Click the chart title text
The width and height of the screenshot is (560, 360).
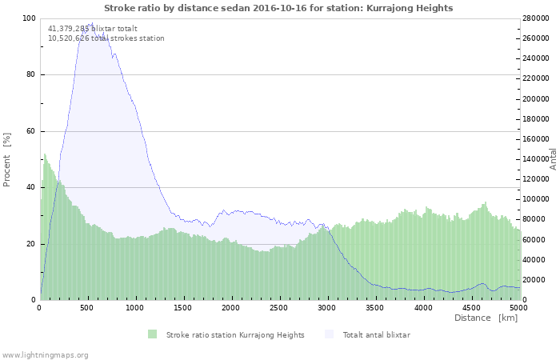point(278,8)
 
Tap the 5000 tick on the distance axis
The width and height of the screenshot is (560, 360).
point(518,307)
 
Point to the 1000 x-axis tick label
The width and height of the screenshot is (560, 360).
point(135,307)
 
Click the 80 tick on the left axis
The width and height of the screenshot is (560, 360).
point(30,75)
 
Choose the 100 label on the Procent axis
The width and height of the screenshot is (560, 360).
point(28,18)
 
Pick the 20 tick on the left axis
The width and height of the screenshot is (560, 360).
point(30,244)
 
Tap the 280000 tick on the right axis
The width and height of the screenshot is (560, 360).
point(537,18)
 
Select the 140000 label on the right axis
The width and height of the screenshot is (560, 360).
point(537,159)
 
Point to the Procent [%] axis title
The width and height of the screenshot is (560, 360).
point(7,159)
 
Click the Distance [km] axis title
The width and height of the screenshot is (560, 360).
point(486,318)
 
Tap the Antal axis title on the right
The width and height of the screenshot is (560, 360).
point(553,158)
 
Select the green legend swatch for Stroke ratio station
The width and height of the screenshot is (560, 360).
point(153,334)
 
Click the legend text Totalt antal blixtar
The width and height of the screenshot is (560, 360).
point(376,334)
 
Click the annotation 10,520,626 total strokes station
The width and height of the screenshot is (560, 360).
point(106,38)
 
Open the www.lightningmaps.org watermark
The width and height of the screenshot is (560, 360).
point(46,354)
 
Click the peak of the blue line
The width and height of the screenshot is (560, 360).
point(92,23)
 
